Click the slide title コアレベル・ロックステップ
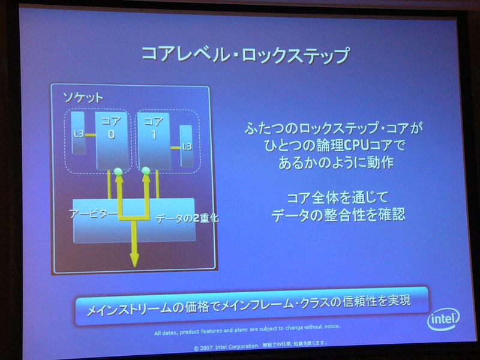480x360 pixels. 245,55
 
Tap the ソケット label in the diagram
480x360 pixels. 83,98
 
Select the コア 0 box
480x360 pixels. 112,140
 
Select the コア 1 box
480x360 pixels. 154,141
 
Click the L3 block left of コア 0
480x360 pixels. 78,133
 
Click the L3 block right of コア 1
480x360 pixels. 186,146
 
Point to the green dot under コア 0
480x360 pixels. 118,172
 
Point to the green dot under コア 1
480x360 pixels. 146,171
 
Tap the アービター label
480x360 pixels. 94,214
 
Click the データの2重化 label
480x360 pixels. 187,218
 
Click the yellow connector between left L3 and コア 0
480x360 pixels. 91,134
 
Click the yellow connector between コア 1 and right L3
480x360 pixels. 175,148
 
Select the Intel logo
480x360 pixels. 443,319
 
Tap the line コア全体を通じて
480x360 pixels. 338,197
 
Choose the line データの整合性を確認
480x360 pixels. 338,215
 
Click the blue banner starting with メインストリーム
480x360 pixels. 251,305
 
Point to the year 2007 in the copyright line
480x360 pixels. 206,348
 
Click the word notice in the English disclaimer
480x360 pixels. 332,326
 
